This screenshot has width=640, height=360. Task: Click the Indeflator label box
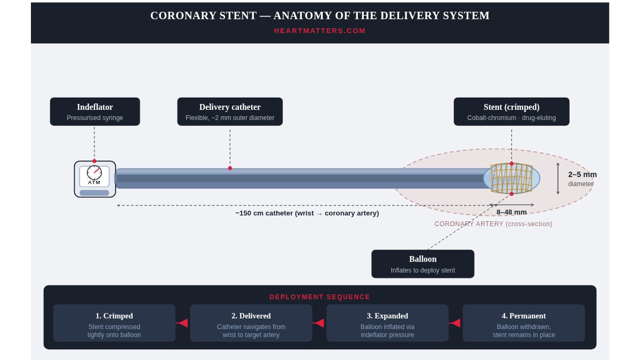click(x=95, y=111)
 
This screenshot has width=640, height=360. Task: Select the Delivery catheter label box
click(x=230, y=111)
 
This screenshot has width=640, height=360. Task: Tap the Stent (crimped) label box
click(x=511, y=111)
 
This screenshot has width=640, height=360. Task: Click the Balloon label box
click(x=422, y=263)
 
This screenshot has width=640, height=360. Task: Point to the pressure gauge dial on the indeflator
click(x=94, y=172)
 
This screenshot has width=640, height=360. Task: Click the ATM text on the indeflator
click(x=94, y=182)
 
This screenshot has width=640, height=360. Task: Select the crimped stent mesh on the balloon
click(x=511, y=178)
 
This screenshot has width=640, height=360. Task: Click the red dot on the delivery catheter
click(x=230, y=168)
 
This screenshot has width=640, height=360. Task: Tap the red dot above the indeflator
click(x=94, y=161)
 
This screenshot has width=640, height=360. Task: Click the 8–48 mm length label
click(x=511, y=212)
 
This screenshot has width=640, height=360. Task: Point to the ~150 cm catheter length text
click(x=307, y=213)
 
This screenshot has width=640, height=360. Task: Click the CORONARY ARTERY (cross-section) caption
click(x=493, y=224)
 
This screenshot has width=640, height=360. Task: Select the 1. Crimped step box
click(x=114, y=323)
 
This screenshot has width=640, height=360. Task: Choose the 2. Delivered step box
click(x=251, y=323)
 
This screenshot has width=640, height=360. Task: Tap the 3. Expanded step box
click(x=387, y=323)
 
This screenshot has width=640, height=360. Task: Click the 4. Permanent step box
click(x=524, y=323)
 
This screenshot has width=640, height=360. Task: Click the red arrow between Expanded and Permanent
click(x=454, y=323)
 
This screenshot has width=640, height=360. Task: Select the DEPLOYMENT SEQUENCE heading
click(x=319, y=297)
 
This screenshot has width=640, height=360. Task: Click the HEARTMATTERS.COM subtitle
click(x=319, y=31)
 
